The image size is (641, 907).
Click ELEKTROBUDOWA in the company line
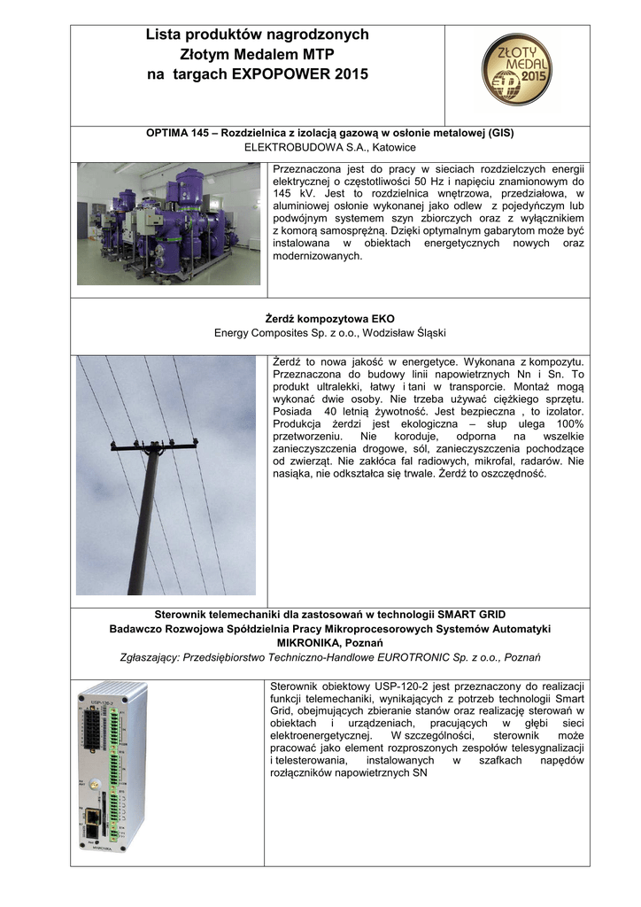pos(293,147)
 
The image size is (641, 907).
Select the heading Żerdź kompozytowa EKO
pos(330,319)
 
